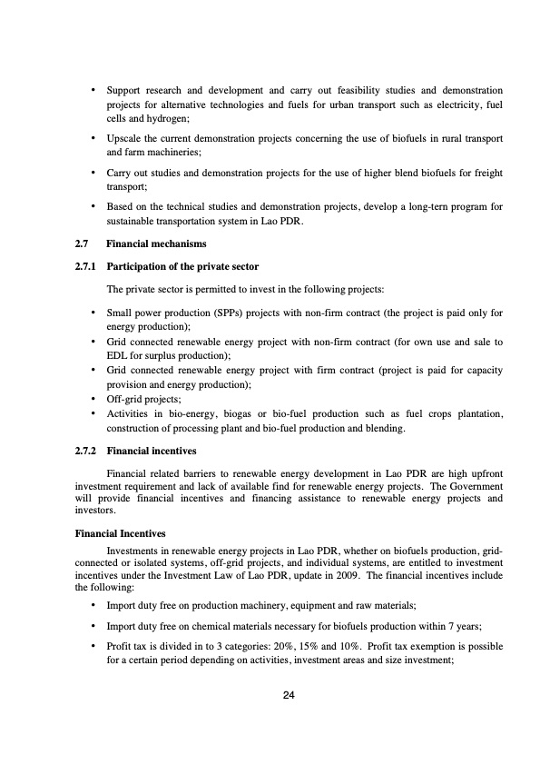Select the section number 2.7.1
(88, 266)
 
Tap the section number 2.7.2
(88, 450)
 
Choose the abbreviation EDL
(117, 357)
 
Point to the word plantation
(476, 413)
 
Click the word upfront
(483, 472)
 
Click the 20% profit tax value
(328, 649)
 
